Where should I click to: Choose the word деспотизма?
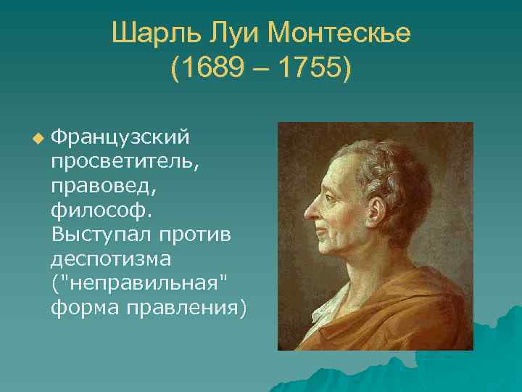pos(109,259)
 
